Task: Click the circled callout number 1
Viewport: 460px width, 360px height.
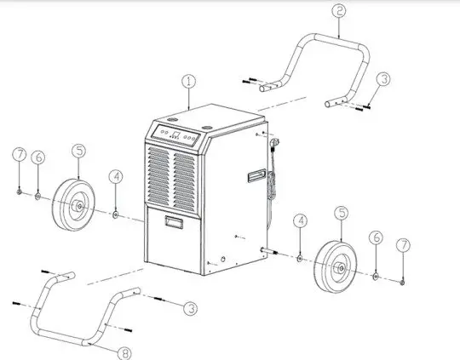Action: [x=188, y=81]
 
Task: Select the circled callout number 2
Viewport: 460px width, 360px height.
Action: [x=339, y=10]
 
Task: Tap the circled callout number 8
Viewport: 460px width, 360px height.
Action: [x=124, y=353]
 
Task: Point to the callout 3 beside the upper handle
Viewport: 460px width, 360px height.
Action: [x=383, y=79]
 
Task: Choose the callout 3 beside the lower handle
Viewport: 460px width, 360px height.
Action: [x=191, y=308]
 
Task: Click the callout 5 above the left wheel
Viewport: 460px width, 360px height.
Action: [x=78, y=151]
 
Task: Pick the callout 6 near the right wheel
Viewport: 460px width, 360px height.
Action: [x=377, y=237]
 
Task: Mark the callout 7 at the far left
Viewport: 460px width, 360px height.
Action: [x=20, y=154]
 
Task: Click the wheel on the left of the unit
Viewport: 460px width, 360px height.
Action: [x=73, y=204]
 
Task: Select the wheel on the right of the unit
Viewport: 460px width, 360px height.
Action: [x=336, y=266]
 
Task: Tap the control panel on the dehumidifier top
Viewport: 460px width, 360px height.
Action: [x=176, y=135]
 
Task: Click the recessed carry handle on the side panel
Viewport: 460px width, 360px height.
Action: [x=256, y=176]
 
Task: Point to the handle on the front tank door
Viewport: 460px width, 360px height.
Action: [x=174, y=222]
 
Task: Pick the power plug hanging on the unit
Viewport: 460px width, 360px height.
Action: [x=275, y=144]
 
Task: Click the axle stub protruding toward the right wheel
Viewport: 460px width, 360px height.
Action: [x=268, y=251]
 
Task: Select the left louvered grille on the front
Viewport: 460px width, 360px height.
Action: [x=158, y=176]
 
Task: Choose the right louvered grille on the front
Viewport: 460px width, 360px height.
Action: [x=185, y=182]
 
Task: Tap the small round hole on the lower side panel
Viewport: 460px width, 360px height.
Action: [x=223, y=260]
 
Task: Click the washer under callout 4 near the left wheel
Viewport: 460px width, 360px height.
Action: [x=116, y=214]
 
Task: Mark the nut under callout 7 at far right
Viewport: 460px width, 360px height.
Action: [x=402, y=283]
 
